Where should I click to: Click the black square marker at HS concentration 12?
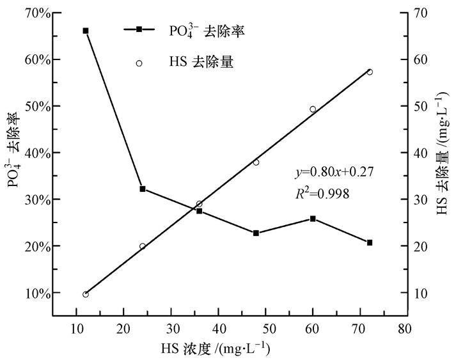(x=86, y=31)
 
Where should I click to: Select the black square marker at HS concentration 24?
(x=143, y=189)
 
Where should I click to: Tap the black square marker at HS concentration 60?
(x=313, y=219)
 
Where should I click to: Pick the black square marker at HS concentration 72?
(x=370, y=242)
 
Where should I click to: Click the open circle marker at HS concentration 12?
(x=86, y=294)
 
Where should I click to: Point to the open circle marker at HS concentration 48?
(x=256, y=162)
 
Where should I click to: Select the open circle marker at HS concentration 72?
(x=370, y=72)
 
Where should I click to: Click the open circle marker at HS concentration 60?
(x=313, y=109)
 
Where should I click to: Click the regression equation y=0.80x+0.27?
(x=334, y=172)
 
